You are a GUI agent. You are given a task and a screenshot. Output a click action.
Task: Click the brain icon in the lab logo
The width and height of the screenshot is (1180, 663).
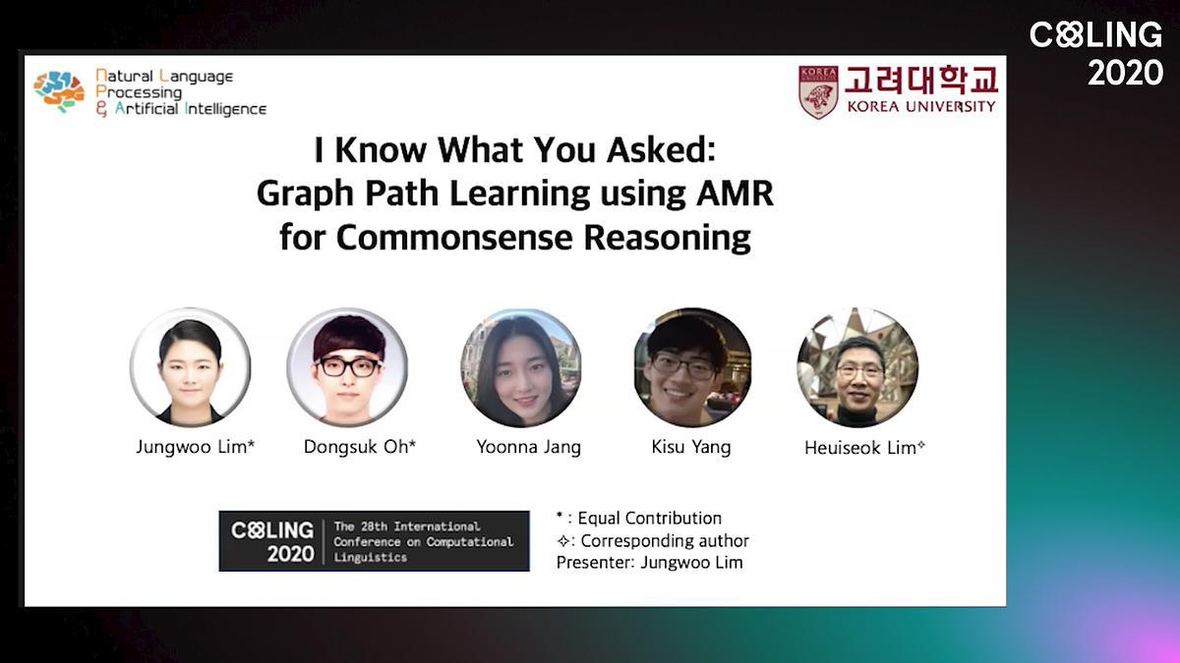(x=59, y=91)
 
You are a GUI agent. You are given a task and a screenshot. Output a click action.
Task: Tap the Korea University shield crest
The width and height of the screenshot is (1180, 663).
(x=818, y=92)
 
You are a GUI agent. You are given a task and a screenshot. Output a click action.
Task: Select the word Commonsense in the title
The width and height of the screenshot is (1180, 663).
(x=454, y=238)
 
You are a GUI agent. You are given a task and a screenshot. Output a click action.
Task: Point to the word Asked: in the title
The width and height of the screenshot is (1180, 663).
(x=661, y=149)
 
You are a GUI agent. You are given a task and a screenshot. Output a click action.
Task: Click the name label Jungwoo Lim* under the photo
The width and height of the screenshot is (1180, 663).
(x=196, y=447)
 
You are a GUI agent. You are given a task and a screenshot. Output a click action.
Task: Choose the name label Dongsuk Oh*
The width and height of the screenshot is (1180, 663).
(x=360, y=447)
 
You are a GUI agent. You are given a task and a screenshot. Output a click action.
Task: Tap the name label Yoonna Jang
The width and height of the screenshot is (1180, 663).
(x=528, y=447)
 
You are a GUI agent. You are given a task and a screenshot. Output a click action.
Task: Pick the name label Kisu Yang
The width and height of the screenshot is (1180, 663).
(x=691, y=447)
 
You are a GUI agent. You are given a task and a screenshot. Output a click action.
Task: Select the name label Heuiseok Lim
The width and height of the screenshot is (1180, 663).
(x=864, y=448)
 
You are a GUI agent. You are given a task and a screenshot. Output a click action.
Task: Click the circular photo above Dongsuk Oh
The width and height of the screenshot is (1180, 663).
(x=347, y=367)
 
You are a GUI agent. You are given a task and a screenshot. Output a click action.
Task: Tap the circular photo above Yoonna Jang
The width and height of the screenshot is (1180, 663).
(x=521, y=367)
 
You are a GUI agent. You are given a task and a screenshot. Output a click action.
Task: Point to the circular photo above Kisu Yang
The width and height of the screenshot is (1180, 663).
(x=692, y=367)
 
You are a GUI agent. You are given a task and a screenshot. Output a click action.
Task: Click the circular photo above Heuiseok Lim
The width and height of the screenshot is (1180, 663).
(x=857, y=367)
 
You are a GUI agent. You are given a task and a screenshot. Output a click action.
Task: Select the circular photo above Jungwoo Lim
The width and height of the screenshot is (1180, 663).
(x=190, y=367)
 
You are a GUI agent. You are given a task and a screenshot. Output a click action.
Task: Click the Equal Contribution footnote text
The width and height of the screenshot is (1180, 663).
(x=639, y=519)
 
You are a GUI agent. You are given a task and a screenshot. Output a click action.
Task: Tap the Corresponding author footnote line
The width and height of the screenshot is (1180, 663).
(x=653, y=541)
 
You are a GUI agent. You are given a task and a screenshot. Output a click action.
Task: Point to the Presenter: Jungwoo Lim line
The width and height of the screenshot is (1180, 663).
(x=650, y=563)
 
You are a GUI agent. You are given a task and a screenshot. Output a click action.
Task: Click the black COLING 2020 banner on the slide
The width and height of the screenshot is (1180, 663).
(x=374, y=541)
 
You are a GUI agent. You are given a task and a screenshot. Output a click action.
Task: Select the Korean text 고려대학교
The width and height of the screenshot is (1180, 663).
(x=921, y=80)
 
